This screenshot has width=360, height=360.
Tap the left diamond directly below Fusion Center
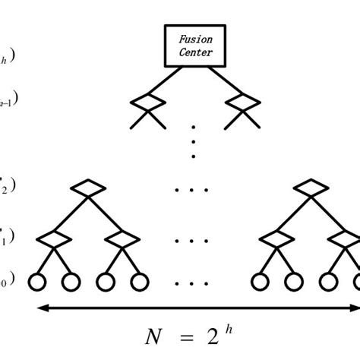147,101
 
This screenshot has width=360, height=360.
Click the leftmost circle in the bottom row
37,282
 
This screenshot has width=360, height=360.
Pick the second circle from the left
71,282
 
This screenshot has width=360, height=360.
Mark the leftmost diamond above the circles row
54,239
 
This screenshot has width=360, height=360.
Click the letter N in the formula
154,336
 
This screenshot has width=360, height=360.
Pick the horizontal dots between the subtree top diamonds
191,189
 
